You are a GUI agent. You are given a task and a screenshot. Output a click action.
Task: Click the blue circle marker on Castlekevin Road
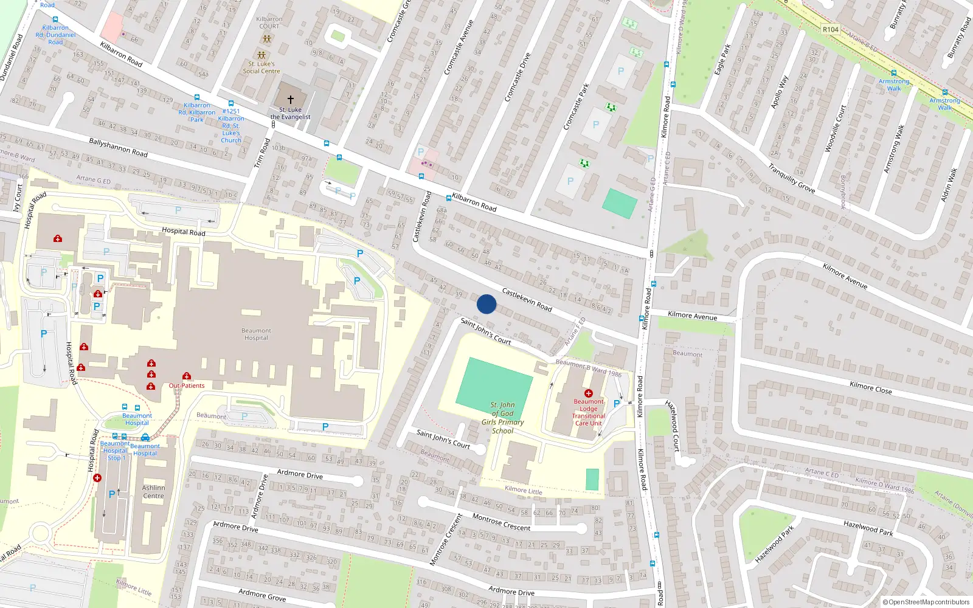(486, 304)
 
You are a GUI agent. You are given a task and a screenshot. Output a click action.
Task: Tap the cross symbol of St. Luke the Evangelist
(291, 99)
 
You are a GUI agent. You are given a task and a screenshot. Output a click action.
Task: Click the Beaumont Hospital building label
(256, 334)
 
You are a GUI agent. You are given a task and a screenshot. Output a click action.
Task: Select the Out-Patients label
(187, 385)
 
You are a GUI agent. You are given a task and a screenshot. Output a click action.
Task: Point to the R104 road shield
(830, 29)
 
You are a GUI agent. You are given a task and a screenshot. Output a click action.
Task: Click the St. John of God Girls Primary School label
(503, 418)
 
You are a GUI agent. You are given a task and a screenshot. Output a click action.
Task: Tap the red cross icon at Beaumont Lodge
(588, 393)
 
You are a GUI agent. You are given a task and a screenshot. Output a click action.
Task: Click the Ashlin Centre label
(153, 492)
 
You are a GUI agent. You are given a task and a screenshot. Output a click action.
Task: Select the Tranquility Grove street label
(791, 178)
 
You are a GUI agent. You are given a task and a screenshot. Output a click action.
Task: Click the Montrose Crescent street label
(502, 522)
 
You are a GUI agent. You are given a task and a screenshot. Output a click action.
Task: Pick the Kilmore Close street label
(870, 387)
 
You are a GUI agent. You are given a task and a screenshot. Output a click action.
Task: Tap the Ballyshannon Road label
(118, 147)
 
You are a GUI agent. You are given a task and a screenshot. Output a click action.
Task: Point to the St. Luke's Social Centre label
(261, 67)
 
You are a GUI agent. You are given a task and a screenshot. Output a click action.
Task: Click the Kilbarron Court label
(269, 22)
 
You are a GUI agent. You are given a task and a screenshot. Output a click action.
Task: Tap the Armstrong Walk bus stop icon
(893, 73)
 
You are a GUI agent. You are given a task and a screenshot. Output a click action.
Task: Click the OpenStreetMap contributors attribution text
(926, 603)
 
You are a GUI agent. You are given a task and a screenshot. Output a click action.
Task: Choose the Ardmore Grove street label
(262, 595)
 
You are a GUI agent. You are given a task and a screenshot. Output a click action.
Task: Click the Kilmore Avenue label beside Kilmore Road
(692, 316)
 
